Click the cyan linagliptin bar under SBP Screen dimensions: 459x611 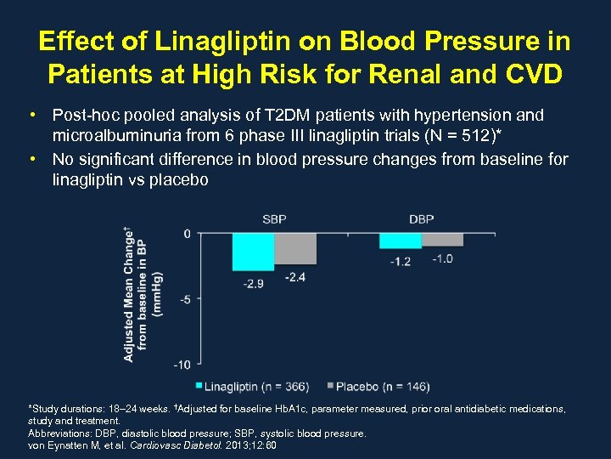pos(253,252)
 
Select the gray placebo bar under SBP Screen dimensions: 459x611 pos(294,248)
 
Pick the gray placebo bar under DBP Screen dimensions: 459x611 pos(442,240)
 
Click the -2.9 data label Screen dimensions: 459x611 pos(253,283)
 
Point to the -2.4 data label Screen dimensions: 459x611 pos(294,276)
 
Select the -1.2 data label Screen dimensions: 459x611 pos(401,261)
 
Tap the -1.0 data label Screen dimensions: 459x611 pos(442,258)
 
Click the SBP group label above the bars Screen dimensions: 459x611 pos(274,219)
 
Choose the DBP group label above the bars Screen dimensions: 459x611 pos(421,219)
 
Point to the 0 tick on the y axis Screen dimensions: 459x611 pos(187,233)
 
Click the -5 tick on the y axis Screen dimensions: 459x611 pos(184,299)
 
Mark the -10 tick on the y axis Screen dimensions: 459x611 pos(182,365)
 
